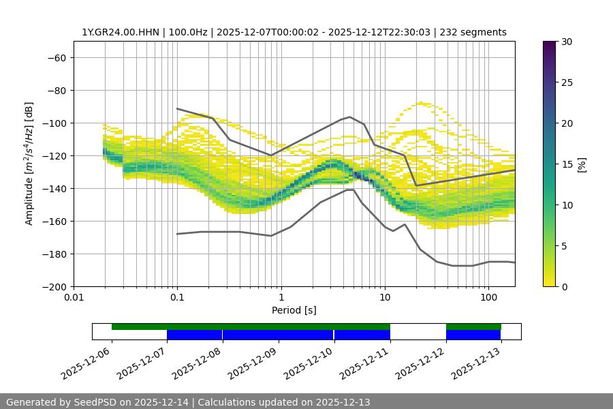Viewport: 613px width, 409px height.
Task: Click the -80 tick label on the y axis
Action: click(x=56, y=91)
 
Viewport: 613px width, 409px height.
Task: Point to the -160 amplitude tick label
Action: click(x=53, y=222)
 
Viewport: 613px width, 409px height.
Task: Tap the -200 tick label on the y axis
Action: click(x=53, y=287)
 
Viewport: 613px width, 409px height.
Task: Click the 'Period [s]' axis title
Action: click(x=294, y=310)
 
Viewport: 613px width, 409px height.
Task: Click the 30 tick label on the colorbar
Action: click(x=567, y=42)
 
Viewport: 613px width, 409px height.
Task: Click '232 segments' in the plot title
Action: click(x=473, y=32)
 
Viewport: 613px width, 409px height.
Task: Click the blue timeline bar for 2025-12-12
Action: click(x=473, y=335)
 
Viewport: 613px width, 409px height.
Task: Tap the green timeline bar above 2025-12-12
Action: click(x=473, y=327)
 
